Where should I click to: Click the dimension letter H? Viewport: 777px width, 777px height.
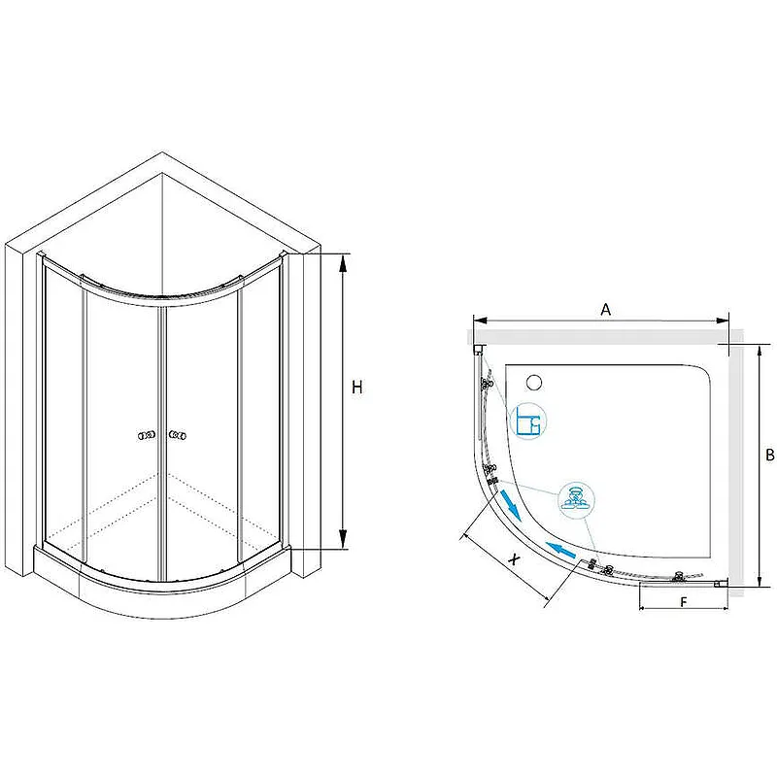356,387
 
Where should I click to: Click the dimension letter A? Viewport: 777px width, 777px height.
605,310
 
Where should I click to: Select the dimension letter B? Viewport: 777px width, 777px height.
770,455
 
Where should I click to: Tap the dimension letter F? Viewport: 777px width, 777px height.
684,602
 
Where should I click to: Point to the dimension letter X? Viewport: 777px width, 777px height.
516,559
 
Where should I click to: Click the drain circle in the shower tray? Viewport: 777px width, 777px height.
534,382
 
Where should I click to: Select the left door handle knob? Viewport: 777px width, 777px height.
147,435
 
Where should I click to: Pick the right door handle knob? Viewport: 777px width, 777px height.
178,435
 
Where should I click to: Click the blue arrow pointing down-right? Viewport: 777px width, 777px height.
511,505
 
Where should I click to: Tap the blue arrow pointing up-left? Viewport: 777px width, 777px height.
561,550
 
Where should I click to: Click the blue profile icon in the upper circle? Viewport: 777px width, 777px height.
528,421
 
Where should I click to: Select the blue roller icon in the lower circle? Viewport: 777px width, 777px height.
576,499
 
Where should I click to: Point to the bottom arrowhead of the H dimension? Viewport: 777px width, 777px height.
343,539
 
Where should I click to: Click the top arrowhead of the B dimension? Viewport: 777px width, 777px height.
759,355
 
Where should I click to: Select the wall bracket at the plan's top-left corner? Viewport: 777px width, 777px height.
479,350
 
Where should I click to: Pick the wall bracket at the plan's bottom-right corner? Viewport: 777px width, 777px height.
721,584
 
